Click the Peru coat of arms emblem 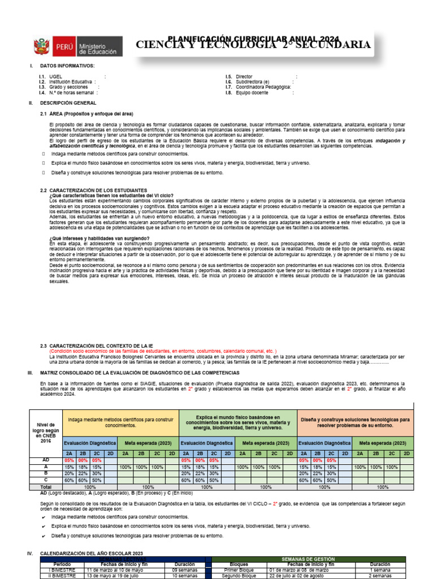[x=41, y=47]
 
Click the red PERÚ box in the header [x=62, y=47]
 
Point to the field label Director [x=244, y=76]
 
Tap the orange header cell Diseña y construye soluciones [x=355, y=423]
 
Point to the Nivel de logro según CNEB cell [x=46, y=433]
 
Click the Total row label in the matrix [x=46, y=487]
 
